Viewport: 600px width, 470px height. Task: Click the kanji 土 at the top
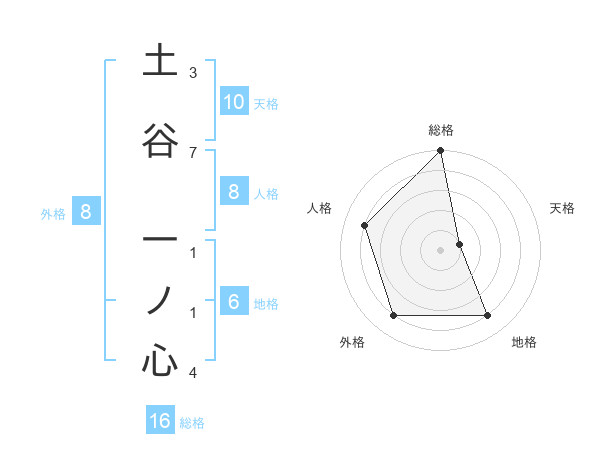click(161, 61)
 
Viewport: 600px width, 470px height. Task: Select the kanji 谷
click(161, 141)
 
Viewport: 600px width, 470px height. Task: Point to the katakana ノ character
click(161, 299)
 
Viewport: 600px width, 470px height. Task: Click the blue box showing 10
click(233, 102)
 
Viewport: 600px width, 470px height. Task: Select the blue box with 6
click(233, 302)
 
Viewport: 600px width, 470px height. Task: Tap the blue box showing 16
click(160, 421)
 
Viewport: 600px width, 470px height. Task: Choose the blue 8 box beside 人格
click(233, 192)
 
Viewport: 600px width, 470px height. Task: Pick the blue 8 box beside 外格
click(86, 212)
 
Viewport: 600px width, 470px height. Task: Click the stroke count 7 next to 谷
click(193, 152)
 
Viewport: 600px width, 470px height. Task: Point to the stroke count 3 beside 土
click(193, 73)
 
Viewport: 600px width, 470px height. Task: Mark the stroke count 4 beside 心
click(193, 373)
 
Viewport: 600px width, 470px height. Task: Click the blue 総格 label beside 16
click(192, 423)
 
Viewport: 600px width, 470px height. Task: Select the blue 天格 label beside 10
click(266, 104)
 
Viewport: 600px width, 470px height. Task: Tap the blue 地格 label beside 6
click(266, 304)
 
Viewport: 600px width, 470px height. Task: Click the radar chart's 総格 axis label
click(441, 130)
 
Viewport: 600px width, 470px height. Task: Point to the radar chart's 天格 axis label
click(563, 208)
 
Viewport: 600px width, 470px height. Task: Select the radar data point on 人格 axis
click(364, 225)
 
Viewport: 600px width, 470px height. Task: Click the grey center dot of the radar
click(441, 249)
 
